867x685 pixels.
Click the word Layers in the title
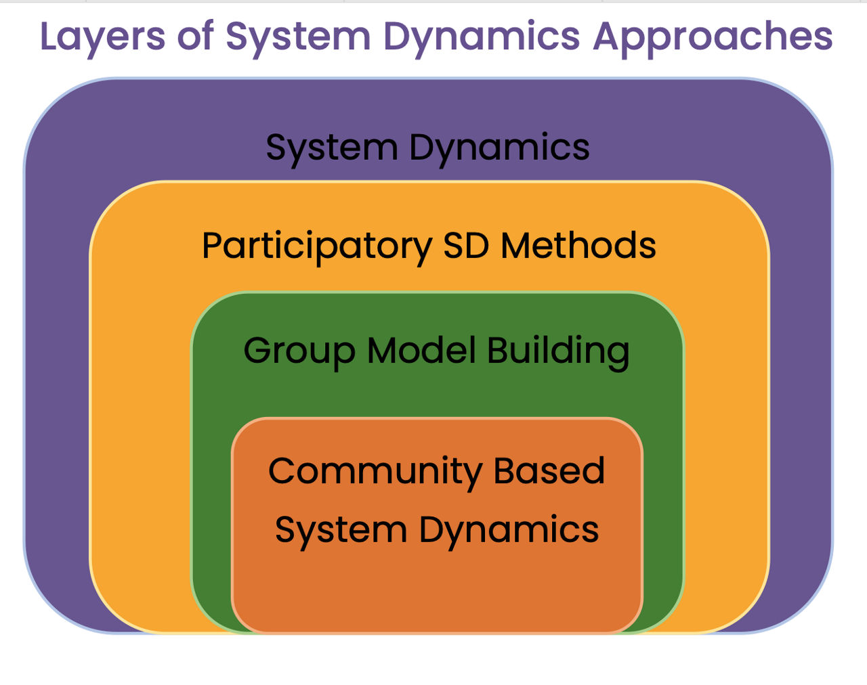coord(102,37)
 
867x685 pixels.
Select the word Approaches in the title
coord(713,37)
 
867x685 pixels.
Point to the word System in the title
coord(298,37)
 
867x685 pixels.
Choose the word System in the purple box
coord(331,148)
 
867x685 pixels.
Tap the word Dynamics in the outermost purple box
coord(499,148)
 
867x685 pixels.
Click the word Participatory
coord(317,246)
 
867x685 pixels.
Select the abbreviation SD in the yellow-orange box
coord(466,245)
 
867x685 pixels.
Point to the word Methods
coord(578,245)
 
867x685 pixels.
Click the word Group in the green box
coord(299,351)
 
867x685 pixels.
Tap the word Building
coord(558,351)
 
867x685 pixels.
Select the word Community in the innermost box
coord(375,472)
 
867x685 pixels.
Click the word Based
coord(549,470)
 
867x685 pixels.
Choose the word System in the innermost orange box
coord(340,530)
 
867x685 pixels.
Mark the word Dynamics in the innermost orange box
coord(509,530)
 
